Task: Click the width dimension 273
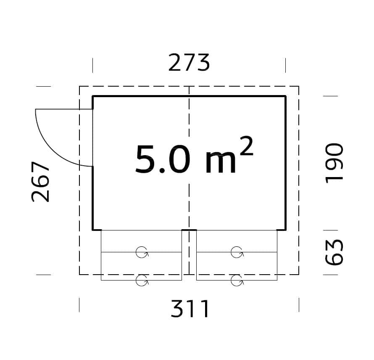189,63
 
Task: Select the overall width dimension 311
190,310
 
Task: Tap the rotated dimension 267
41,182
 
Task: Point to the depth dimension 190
334,162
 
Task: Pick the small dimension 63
334,253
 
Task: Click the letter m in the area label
221,163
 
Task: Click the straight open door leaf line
63,109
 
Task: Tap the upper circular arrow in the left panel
142,252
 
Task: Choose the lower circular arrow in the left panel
142,281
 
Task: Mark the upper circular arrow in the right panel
237,252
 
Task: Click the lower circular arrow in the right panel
237,281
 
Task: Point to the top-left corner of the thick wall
93,96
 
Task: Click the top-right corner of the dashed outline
299,86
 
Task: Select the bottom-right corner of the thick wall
286,230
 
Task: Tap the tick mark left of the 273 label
92,65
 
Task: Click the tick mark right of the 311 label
299,304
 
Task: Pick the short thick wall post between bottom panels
189,230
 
